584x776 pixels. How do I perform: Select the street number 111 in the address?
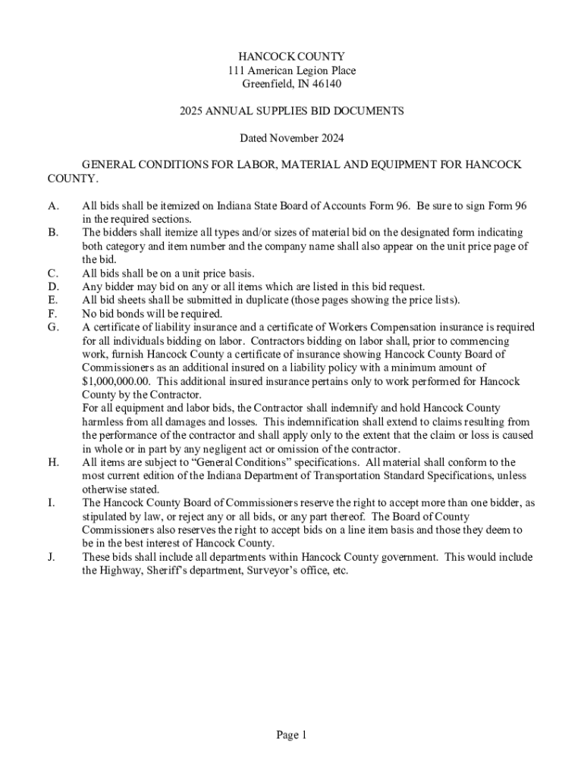[x=236, y=70]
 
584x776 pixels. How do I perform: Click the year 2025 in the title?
[x=193, y=111]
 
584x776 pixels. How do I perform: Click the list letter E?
[x=52, y=300]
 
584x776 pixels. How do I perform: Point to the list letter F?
[x=52, y=314]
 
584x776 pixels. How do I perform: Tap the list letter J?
[x=51, y=557]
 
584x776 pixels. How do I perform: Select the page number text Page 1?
[x=291, y=734]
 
